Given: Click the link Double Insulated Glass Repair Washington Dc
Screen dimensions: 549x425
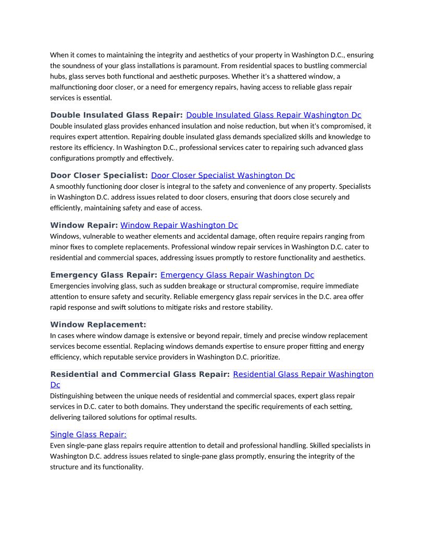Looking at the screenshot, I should [273, 115].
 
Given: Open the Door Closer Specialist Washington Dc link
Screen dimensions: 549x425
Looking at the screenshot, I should [223, 175].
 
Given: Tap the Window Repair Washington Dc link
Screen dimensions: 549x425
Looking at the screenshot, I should [179, 225].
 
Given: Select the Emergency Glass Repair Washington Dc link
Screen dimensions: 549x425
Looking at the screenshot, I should [237, 274].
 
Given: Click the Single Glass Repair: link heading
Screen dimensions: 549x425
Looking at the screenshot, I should [88, 435].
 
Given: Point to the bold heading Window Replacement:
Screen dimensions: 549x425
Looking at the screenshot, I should [98, 324].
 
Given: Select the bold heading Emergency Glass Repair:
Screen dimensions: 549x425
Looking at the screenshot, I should [104, 274].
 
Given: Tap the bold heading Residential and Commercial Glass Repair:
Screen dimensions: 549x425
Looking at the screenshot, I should [140, 374].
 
